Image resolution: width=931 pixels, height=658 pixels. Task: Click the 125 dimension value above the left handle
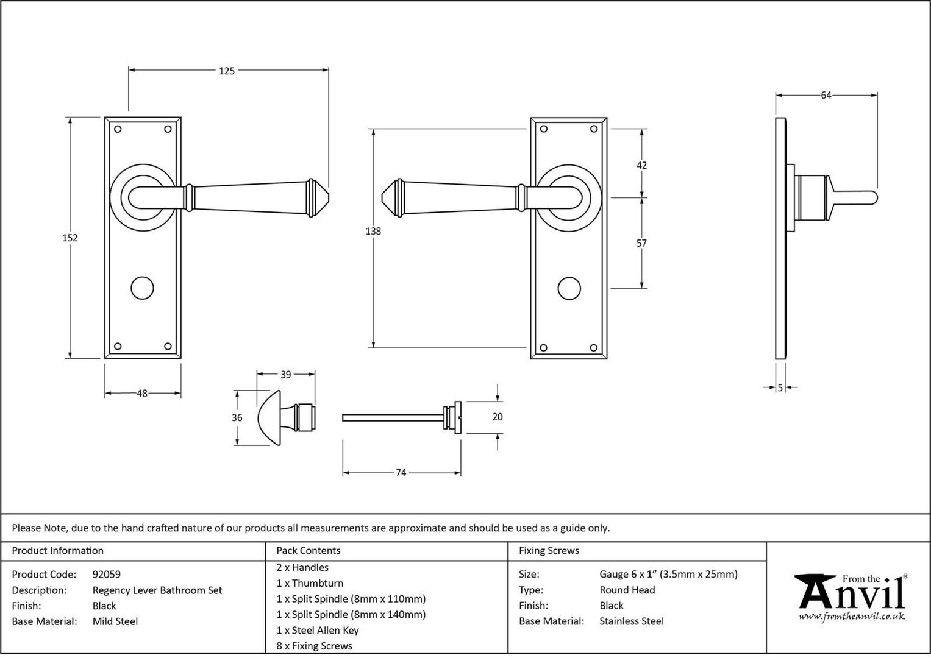pos(227,71)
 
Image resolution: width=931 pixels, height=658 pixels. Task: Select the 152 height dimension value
pos(70,238)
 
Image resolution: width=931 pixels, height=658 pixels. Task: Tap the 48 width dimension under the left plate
pos(142,394)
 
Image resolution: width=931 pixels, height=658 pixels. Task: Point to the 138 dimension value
pos(373,232)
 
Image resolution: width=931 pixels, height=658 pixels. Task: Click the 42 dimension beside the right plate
pos(642,165)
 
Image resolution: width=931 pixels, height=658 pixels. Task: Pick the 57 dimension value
pos(642,244)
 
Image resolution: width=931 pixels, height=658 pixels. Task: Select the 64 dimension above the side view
pos(826,96)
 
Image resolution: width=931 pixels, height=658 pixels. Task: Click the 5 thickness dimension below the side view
pos(780,387)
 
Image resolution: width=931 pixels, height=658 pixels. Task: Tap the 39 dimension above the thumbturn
pos(285,375)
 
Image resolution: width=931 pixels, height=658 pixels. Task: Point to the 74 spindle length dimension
pos(401,473)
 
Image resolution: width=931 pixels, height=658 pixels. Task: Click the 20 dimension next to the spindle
pos(498,417)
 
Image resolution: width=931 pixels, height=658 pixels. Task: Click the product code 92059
pos(107,575)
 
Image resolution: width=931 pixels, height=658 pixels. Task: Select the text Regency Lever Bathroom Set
pos(157,590)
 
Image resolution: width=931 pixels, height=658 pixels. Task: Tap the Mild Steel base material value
pos(115,621)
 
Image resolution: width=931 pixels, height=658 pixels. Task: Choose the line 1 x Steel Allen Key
pos(318,630)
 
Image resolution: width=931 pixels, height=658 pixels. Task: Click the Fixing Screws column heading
pos(549,550)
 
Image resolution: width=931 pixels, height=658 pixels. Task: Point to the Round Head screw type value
pos(627,590)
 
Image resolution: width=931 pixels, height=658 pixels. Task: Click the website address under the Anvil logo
pos(852,616)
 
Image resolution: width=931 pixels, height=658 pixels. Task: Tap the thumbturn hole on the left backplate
pos(142,288)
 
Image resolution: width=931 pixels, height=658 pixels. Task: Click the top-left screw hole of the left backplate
pos(118,129)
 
